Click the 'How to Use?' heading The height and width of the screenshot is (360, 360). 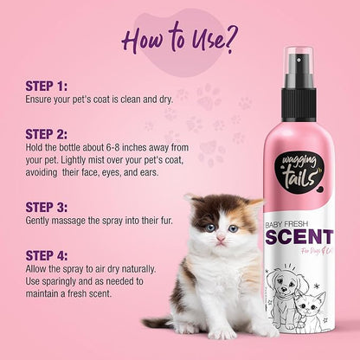pyautogui.click(x=181, y=38)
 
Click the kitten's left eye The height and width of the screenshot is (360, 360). pyautogui.click(x=210, y=228)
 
